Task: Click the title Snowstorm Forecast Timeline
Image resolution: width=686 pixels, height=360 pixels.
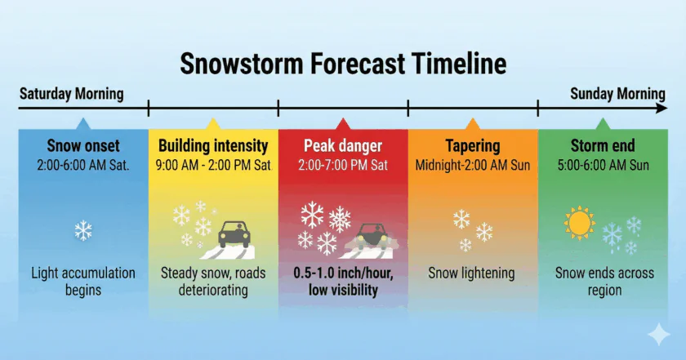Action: (x=344, y=64)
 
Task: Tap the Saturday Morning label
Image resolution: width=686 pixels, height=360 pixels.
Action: (x=72, y=94)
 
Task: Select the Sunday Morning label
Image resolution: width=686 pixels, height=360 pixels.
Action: (x=617, y=94)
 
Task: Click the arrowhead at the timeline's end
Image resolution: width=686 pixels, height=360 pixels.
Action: (x=661, y=108)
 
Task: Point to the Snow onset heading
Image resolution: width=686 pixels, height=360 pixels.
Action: (x=83, y=145)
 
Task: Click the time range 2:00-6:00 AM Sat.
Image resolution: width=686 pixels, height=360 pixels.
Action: (x=83, y=166)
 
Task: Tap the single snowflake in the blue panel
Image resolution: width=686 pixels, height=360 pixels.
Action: (x=83, y=230)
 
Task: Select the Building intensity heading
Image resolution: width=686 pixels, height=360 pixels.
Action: (x=213, y=145)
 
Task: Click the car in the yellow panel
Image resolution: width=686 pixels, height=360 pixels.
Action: (x=234, y=234)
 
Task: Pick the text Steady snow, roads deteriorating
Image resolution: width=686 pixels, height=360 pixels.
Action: (x=213, y=282)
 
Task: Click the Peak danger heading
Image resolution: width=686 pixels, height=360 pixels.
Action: (x=343, y=145)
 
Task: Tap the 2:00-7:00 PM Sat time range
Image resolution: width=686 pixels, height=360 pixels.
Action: (x=343, y=166)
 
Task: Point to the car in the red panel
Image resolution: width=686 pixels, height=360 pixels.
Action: (x=372, y=237)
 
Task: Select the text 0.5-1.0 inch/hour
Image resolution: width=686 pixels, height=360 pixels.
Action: (x=343, y=273)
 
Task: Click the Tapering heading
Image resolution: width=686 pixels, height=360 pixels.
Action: (x=473, y=146)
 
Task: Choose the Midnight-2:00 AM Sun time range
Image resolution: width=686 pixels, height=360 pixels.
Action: (x=473, y=166)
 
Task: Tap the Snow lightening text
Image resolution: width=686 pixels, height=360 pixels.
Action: (x=471, y=273)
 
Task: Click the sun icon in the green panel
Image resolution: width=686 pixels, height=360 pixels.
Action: (x=580, y=223)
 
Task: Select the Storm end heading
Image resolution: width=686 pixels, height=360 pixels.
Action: (x=603, y=145)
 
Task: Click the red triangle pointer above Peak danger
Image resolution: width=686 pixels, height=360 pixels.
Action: (x=343, y=124)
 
